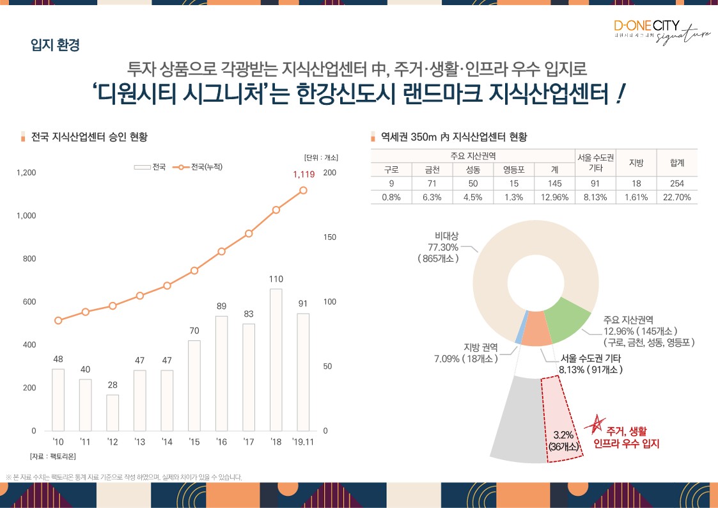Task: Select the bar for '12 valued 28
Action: click(113, 413)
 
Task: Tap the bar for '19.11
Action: click(303, 372)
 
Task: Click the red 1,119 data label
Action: click(304, 174)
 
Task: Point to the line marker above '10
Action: click(58, 321)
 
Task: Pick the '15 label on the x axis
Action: click(194, 441)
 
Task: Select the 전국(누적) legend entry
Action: click(201, 167)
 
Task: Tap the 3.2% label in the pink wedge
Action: click(562, 435)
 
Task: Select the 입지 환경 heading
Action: click(55, 45)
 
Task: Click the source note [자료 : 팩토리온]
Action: click(52, 456)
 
